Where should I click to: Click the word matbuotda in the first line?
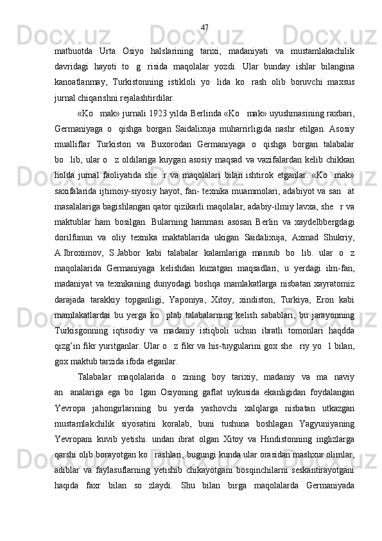tap(74, 51)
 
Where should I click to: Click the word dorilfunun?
tap(74, 221)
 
